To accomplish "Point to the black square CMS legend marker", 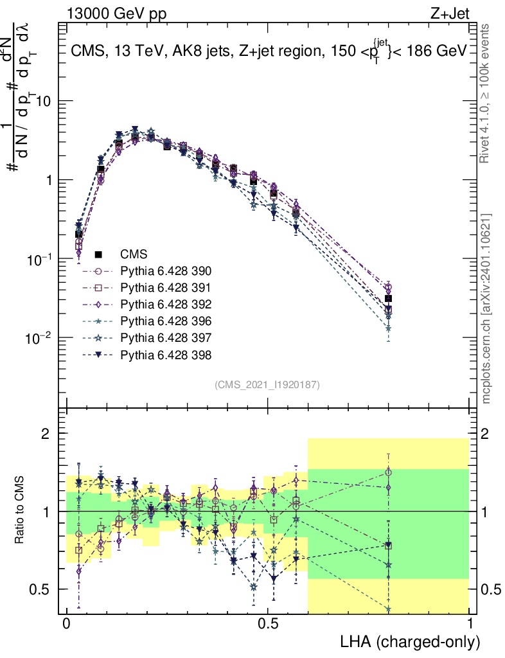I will (98, 254).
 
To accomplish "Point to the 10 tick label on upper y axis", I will (44, 102).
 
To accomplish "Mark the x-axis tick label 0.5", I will (269, 624).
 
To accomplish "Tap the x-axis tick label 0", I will (67, 624).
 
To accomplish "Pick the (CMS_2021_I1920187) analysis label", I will (267, 384).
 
